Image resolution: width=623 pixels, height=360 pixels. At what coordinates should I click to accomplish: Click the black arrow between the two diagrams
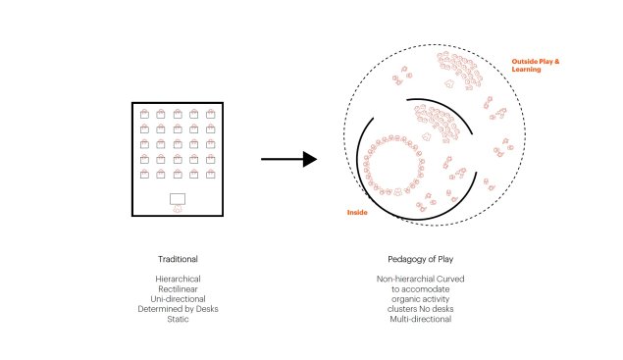pos(288,159)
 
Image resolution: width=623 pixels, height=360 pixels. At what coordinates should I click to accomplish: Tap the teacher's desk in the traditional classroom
pos(178,199)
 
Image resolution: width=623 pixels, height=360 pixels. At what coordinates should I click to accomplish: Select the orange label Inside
pos(357,212)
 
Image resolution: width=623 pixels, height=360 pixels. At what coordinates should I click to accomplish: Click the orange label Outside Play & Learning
pos(536,65)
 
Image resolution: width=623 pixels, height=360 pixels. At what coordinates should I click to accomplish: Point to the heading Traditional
pos(178,259)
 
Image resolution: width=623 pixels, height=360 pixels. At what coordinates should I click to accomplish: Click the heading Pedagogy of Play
pos(420,259)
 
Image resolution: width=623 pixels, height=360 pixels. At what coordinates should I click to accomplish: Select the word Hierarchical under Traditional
pos(178,279)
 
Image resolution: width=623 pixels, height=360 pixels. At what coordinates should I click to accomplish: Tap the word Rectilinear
pos(178,288)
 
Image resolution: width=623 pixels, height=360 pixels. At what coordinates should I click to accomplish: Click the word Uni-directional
pos(178,299)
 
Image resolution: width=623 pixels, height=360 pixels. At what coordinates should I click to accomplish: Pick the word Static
pos(178,319)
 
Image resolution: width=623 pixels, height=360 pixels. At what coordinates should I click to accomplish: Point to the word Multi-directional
pos(420,319)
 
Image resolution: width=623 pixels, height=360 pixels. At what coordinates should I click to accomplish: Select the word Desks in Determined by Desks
pos(207,309)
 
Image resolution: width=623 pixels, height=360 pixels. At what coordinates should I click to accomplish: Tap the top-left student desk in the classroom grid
pos(144,114)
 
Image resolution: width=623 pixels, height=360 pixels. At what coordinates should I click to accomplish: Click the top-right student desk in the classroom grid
pos(211,114)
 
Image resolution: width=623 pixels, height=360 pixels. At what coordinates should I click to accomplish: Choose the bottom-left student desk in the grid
pos(144,174)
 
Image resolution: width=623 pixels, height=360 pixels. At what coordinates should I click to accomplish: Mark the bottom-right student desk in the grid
pos(211,174)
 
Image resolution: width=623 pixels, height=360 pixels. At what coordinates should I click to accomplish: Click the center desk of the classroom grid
pos(178,144)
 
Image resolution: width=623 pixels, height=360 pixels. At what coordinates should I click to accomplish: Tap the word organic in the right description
pos(405,299)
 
